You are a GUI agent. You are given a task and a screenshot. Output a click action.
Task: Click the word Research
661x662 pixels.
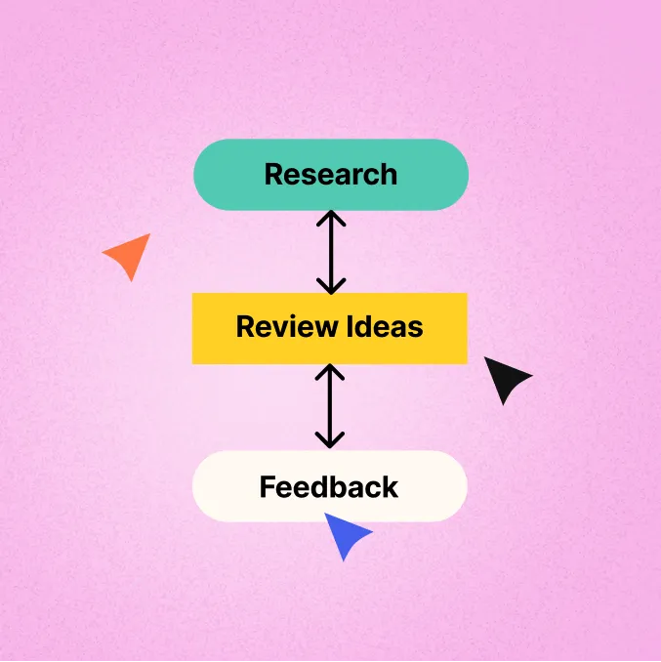(330, 175)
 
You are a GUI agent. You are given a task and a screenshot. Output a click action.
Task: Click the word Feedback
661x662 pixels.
(329, 486)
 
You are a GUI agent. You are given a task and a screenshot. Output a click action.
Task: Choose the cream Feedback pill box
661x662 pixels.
(220, 486)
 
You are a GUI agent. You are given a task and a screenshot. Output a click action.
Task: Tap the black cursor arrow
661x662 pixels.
(505, 379)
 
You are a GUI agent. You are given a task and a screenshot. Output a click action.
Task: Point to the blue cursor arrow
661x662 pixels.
(345, 536)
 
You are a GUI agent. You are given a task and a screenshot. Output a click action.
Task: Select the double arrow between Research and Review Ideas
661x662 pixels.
(331, 252)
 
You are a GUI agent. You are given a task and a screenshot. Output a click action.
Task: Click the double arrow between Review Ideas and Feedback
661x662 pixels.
(331, 406)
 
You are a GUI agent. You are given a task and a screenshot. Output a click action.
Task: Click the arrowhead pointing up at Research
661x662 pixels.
(331, 218)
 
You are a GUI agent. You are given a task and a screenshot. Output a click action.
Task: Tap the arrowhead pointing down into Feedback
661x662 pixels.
(331, 440)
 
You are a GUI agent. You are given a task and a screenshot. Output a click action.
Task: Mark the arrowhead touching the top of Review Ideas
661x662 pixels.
(331, 286)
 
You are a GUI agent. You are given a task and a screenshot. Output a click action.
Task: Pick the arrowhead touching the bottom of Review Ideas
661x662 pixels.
(331, 371)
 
